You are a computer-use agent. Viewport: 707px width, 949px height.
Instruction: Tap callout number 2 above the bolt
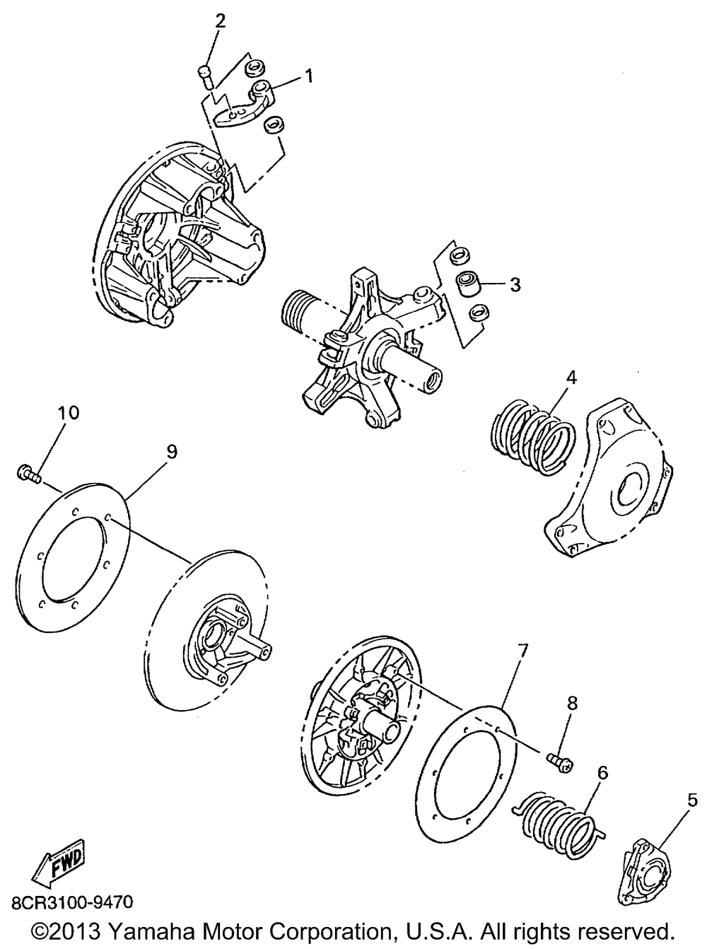coord(221,21)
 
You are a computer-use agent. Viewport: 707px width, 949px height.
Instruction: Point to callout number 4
coord(571,378)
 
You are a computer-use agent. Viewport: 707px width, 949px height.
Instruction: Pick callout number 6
coord(602,773)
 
